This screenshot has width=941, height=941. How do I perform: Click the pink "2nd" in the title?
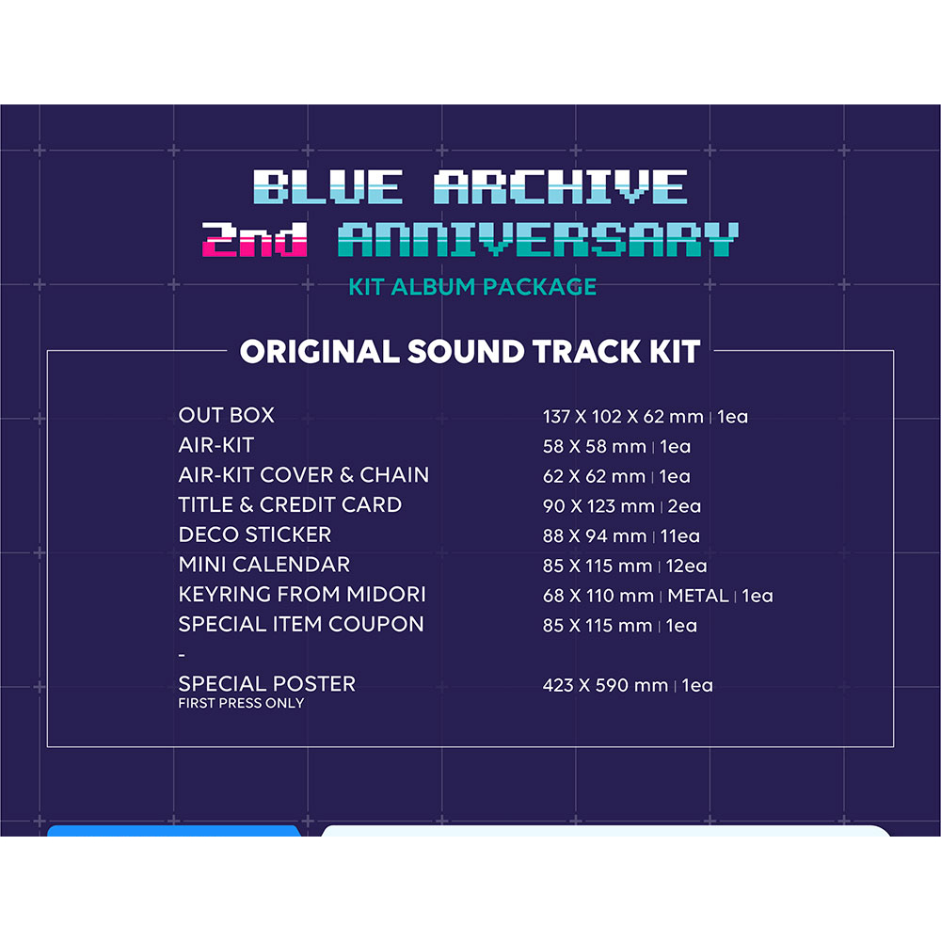pyautogui.click(x=255, y=241)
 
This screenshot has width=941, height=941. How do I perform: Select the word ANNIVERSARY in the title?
pyautogui.click(x=537, y=241)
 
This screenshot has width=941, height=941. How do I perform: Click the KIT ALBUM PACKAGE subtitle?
pyautogui.click(x=472, y=286)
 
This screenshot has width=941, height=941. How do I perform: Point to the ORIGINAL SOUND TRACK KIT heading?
pyautogui.click(x=470, y=352)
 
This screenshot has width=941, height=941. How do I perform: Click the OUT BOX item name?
pyautogui.click(x=226, y=415)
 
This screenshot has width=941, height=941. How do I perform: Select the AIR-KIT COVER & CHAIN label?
pyautogui.click(x=303, y=474)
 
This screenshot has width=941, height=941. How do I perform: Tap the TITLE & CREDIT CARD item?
pyautogui.click(x=290, y=504)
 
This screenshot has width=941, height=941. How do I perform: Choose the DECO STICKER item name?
pyautogui.click(x=254, y=534)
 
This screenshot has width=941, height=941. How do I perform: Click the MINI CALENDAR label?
pyautogui.click(x=263, y=565)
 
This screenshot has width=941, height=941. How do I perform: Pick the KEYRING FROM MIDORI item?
pyautogui.click(x=301, y=595)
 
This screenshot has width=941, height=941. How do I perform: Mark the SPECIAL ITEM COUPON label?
pyautogui.click(x=301, y=624)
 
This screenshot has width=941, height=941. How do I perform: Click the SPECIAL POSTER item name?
pyautogui.click(x=266, y=683)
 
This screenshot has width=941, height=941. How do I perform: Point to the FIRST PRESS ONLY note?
pyautogui.click(x=241, y=703)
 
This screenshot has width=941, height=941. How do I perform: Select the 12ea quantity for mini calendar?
pyautogui.click(x=686, y=566)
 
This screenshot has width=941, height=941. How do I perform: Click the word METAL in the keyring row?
pyautogui.click(x=698, y=596)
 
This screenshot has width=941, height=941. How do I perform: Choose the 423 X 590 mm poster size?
pyautogui.click(x=605, y=685)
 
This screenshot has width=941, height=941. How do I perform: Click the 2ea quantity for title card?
pyautogui.click(x=683, y=506)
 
